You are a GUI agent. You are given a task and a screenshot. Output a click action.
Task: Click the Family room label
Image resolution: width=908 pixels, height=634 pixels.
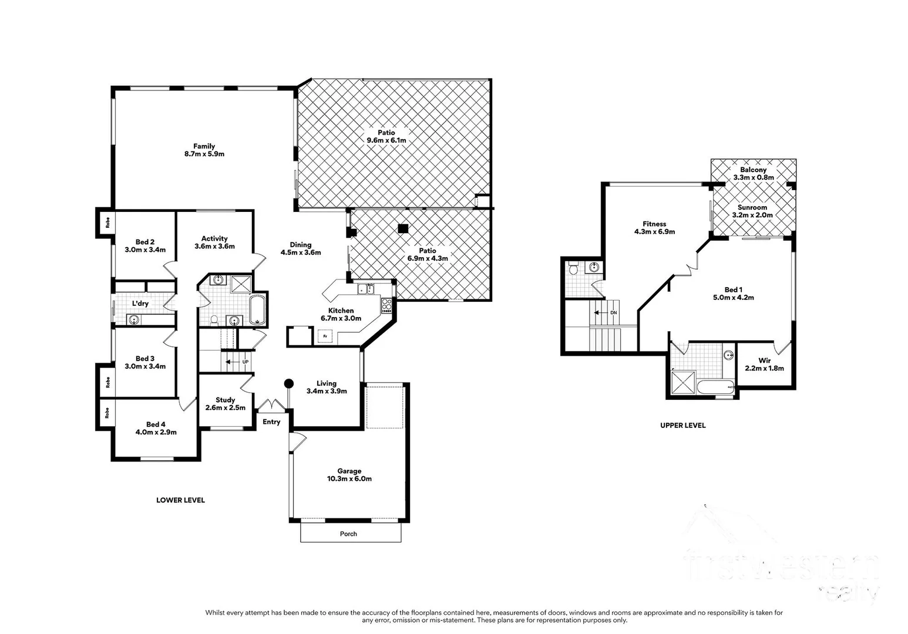pyautogui.click(x=204, y=146)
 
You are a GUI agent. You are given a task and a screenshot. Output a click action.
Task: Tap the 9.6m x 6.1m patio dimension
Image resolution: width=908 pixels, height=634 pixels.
pyautogui.click(x=386, y=141)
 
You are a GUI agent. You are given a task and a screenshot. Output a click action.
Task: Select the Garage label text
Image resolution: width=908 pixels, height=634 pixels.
pyautogui.click(x=349, y=471)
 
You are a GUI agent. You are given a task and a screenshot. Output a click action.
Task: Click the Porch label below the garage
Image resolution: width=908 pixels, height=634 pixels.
pyautogui.click(x=348, y=534)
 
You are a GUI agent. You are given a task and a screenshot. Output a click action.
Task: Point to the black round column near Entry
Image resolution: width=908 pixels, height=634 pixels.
pyautogui.click(x=288, y=383)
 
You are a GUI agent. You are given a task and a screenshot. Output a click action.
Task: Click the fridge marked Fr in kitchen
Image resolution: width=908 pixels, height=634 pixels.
pyautogui.click(x=325, y=336)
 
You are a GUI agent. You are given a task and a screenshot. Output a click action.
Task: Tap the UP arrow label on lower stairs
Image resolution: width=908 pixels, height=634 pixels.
pyautogui.click(x=245, y=362)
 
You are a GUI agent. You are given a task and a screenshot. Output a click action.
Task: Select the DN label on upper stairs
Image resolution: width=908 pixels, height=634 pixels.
pyautogui.click(x=613, y=313)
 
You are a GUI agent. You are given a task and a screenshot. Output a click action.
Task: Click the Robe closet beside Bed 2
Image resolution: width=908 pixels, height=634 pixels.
pyautogui.click(x=107, y=223)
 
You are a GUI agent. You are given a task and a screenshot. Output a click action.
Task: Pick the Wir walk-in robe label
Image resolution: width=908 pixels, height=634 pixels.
pyautogui.click(x=764, y=360)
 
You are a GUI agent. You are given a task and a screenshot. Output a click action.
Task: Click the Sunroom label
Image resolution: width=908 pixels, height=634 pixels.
pyautogui.click(x=752, y=207)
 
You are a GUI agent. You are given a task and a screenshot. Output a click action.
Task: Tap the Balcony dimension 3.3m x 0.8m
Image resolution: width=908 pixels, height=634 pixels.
pyautogui.click(x=753, y=177)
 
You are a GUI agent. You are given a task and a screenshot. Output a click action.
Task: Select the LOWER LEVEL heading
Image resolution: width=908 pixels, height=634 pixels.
pyautogui.click(x=180, y=500)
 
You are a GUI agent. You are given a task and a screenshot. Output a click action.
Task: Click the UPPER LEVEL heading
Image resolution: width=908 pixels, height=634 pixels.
pyautogui.click(x=682, y=426)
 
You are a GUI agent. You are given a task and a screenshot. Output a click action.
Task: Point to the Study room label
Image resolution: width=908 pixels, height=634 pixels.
pyautogui.click(x=225, y=400)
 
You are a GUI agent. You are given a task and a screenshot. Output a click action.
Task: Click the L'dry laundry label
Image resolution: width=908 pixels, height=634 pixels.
pyautogui.click(x=140, y=303)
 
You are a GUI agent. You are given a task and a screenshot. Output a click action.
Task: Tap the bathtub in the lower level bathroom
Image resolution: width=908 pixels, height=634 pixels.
pyautogui.click(x=257, y=309)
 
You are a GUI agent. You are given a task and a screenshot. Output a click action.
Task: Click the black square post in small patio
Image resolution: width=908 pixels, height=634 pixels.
pyautogui.click(x=402, y=228)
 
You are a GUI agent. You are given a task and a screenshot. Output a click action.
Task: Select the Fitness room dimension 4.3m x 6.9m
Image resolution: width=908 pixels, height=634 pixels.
pyautogui.click(x=654, y=232)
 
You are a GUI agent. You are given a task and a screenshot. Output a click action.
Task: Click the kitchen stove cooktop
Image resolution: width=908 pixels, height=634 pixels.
pyautogui.click(x=386, y=305)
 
